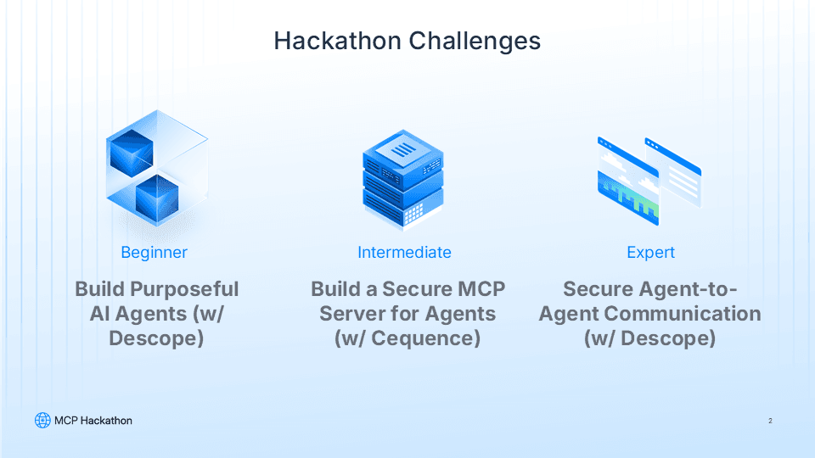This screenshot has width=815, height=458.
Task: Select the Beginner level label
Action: (154, 252)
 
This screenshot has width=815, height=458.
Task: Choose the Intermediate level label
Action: (404, 252)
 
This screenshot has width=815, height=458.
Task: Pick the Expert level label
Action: (650, 252)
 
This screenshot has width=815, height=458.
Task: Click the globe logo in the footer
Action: (42, 421)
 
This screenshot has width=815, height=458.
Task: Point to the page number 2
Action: (769, 421)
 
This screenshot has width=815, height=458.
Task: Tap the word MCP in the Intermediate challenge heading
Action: (480, 289)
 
